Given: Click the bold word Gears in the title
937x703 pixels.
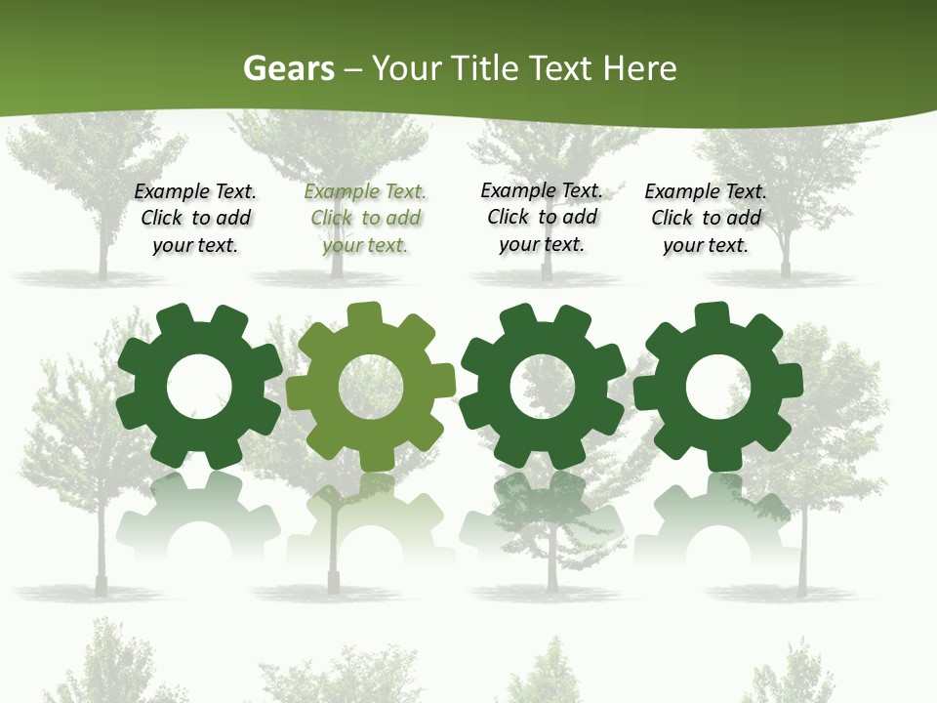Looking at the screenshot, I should tap(288, 68).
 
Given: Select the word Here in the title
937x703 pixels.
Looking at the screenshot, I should tap(639, 68).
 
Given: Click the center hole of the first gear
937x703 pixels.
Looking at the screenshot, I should tap(199, 388).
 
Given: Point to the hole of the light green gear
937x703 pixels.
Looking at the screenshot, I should tap(371, 387).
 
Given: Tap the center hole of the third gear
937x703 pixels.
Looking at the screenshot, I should tap(543, 388).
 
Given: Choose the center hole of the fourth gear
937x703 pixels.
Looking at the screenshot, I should tap(718, 388).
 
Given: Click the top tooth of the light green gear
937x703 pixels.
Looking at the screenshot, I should tap(364, 315).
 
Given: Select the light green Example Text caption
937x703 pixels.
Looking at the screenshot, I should tap(365, 219).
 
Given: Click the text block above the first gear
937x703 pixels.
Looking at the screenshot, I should tap(195, 219).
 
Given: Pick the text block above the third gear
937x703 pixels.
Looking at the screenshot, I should tap(542, 218).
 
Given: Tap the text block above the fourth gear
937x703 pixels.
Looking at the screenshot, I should tap(706, 219).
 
